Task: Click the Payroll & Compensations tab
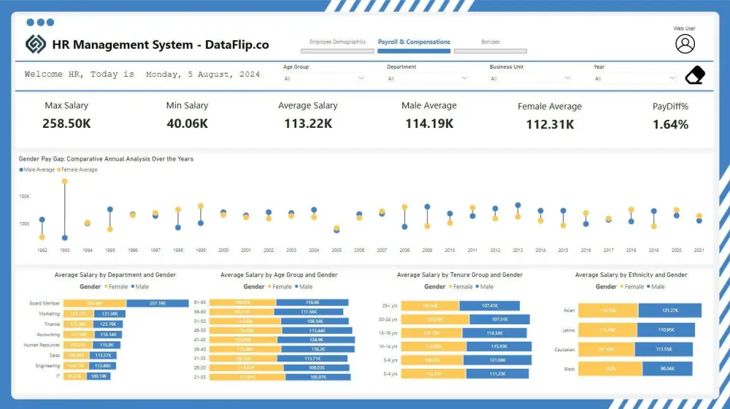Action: tap(414, 42)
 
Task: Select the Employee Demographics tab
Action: tap(337, 42)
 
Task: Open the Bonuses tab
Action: tap(490, 42)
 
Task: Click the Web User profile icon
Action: tap(685, 44)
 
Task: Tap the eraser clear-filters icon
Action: tap(695, 75)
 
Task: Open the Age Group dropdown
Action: tap(323, 78)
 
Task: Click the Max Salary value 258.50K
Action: tap(66, 123)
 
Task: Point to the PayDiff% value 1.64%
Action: tap(670, 124)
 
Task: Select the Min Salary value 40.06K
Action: tap(187, 123)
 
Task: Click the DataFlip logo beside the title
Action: tap(36, 45)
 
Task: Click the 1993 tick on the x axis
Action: tap(64, 251)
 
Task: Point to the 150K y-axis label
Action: tap(24, 196)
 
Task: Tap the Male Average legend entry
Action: tap(39, 169)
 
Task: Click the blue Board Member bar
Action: tap(157, 303)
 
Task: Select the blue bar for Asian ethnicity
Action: tap(669, 310)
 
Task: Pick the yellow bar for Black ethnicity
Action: tap(607, 369)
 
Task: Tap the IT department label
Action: tap(57, 376)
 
